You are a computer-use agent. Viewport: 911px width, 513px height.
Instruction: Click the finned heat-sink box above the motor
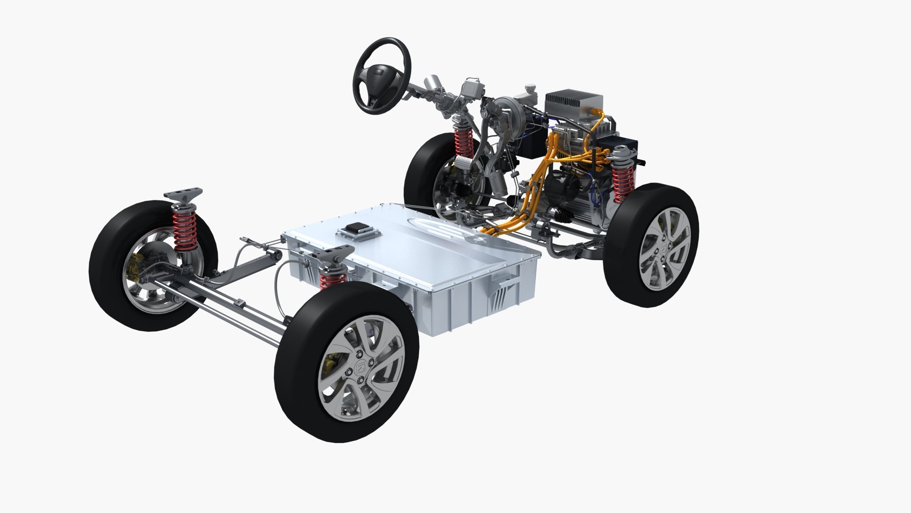point(574,107)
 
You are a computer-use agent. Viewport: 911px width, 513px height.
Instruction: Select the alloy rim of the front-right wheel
point(664,247)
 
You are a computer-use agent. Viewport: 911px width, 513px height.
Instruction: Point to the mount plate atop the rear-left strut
point(183,194)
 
